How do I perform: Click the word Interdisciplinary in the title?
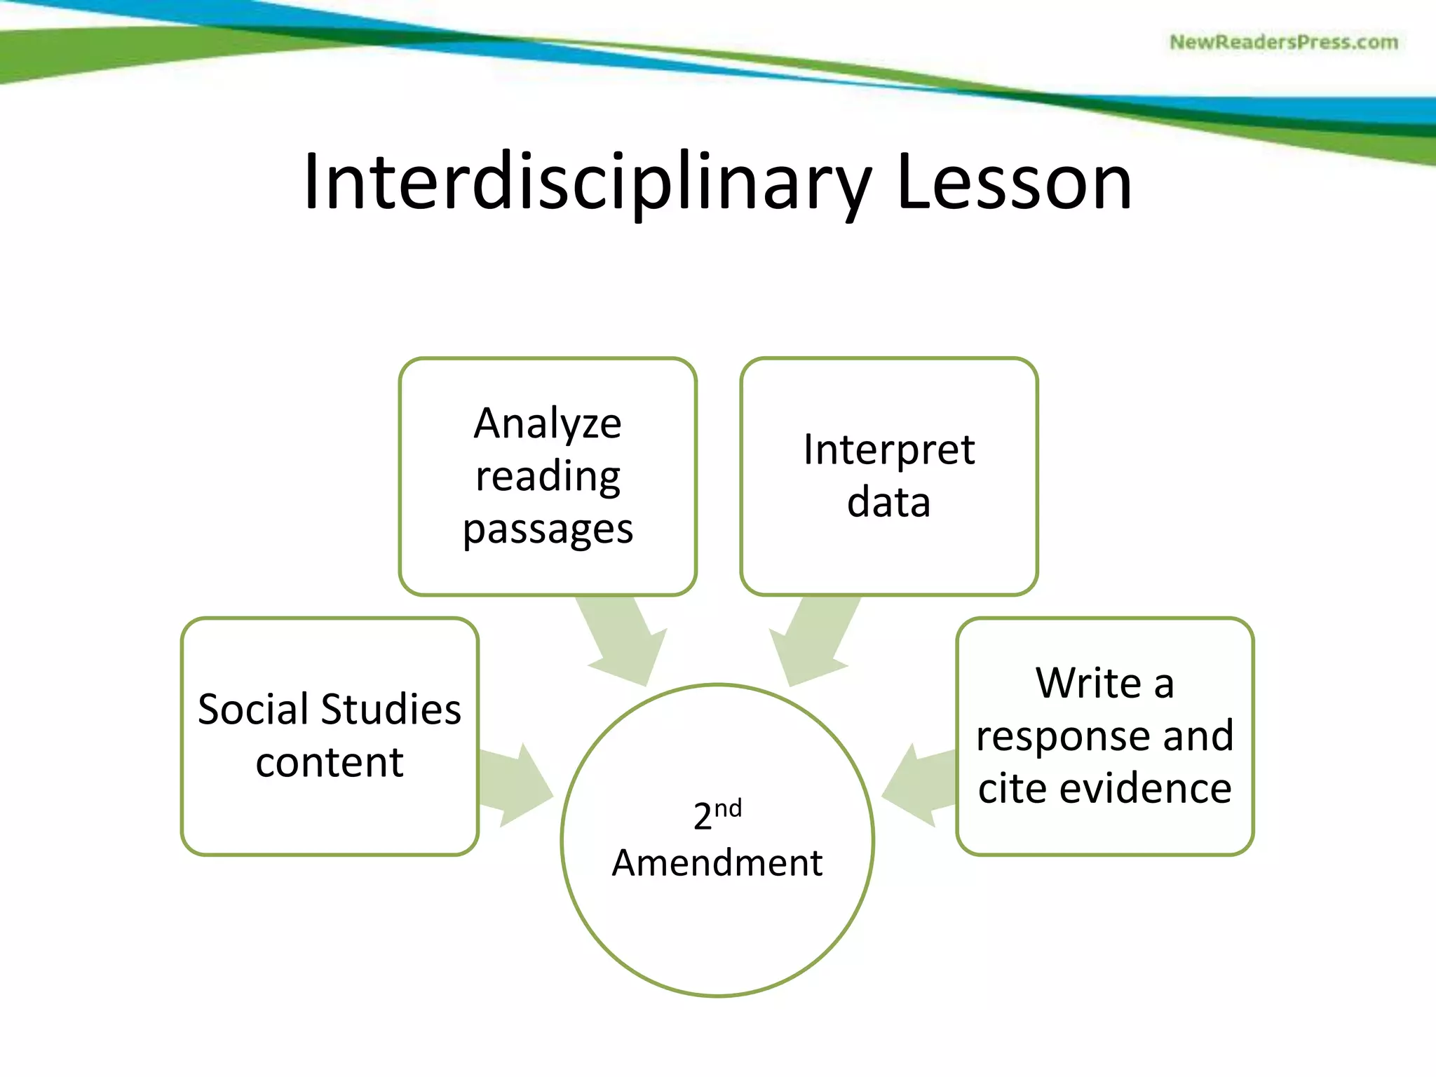588,184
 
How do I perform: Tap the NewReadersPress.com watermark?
1283,42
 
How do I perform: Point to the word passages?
548,529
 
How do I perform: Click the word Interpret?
888,449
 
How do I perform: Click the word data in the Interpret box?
888,502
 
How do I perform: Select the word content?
330,762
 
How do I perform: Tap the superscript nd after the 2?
728,808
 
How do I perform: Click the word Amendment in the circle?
717,862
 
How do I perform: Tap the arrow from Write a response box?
919,784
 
